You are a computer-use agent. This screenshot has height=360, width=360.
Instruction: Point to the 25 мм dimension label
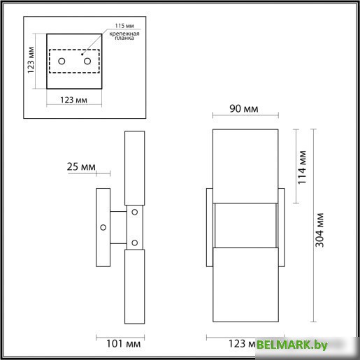tap(82, 168)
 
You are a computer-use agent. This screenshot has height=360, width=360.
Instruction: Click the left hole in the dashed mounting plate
tap(61, 62)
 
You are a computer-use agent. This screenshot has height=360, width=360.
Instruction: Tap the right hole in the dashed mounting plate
tap(87, 62)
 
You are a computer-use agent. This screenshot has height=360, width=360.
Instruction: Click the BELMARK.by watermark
tap(301, 345)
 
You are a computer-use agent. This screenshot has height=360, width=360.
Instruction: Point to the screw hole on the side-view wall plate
tap(103, 227)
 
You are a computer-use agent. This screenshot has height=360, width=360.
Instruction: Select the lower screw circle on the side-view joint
tap(134, 243)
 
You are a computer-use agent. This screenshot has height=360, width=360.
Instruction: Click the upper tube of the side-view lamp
tap(134, 168)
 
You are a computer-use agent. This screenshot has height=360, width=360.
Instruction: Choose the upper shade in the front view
tap(245, 165)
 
